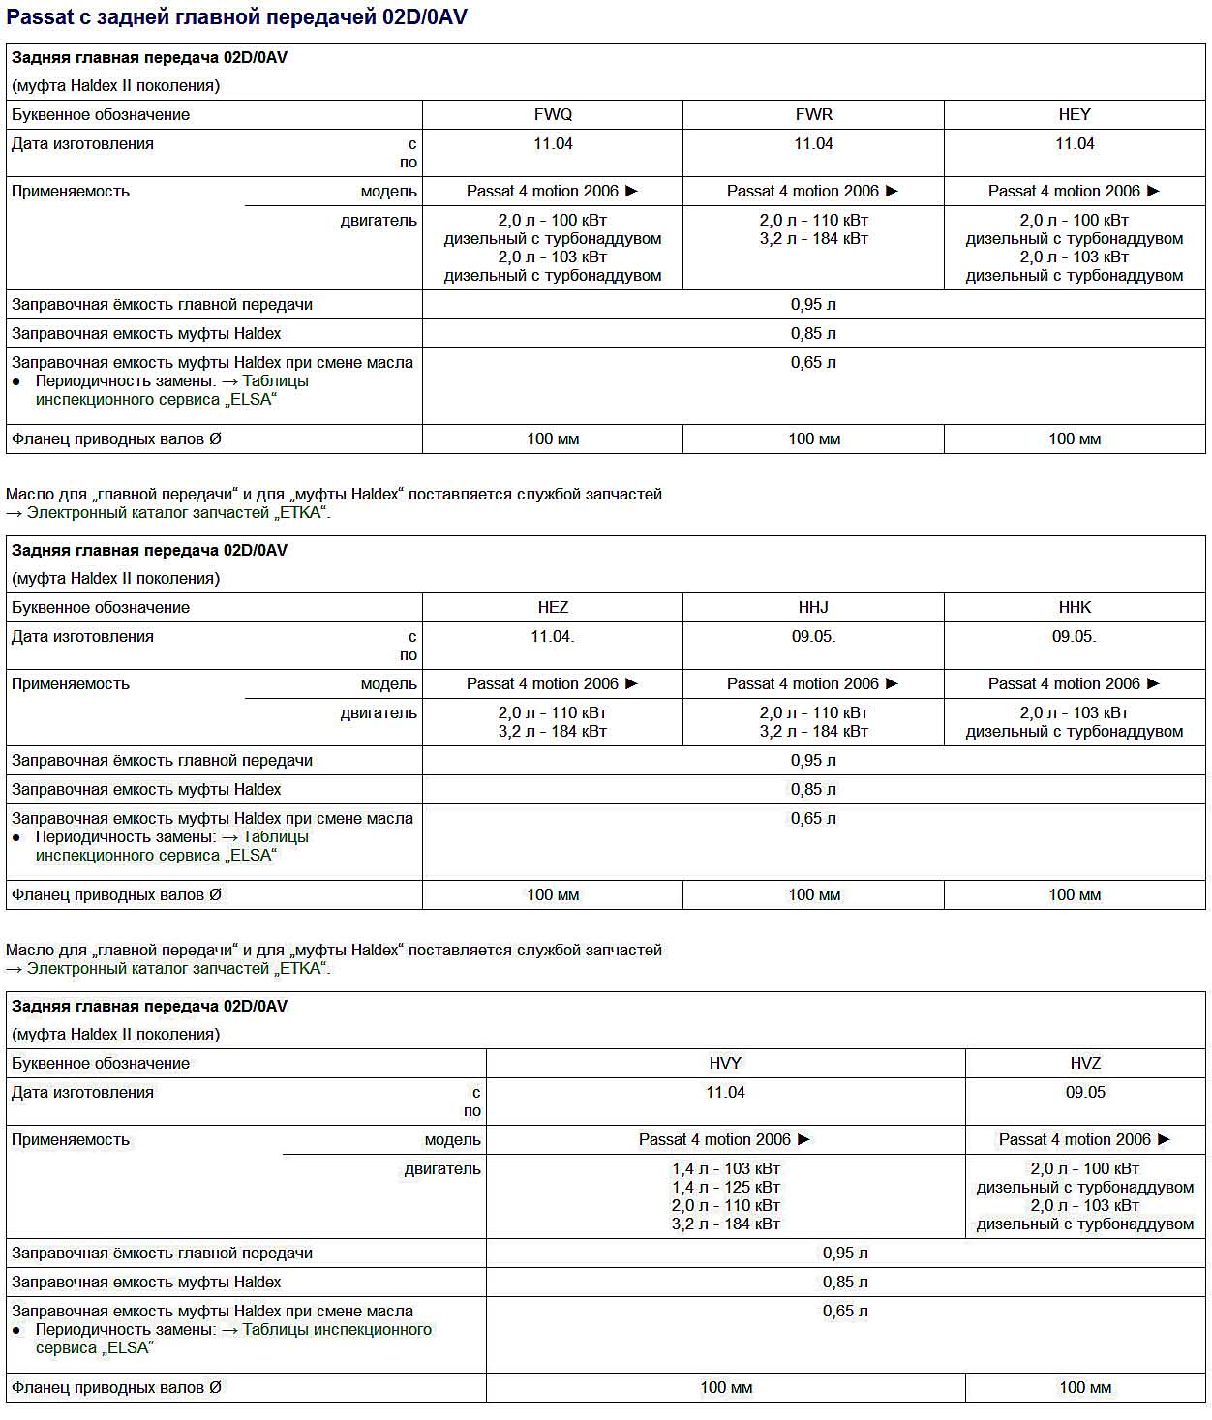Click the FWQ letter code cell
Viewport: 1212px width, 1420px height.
pos(553,114)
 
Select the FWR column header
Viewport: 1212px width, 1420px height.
pos(813,114)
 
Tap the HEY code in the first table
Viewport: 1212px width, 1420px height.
pos(1075,114)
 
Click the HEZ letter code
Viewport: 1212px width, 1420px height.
pos(553,607)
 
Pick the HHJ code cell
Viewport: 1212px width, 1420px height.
pos(813,607)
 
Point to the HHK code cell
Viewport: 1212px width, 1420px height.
pos(1075,607)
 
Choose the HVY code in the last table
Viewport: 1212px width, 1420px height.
pos(725,1063)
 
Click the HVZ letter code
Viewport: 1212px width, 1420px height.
pos(1085,1063)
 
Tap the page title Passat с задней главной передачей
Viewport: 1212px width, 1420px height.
pos(237,17)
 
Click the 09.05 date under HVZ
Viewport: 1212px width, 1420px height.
pos(1085,1092)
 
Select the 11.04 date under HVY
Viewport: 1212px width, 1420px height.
pos(725,1092)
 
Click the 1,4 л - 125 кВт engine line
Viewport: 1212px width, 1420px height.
pos(725,1187)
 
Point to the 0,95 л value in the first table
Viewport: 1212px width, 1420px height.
pos(813,304)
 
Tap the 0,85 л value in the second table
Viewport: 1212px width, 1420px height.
pos(813,789)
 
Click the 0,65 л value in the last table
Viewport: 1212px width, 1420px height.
pos(845,1311)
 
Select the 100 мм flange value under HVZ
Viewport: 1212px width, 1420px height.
pos(1085,1387)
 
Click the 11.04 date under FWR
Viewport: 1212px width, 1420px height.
pos(813,143)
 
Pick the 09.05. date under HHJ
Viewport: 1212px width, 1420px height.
pos(813,636)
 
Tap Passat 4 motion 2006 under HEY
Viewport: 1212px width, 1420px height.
pos(1074,191)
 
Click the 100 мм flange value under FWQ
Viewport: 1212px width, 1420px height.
pos(553,438)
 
